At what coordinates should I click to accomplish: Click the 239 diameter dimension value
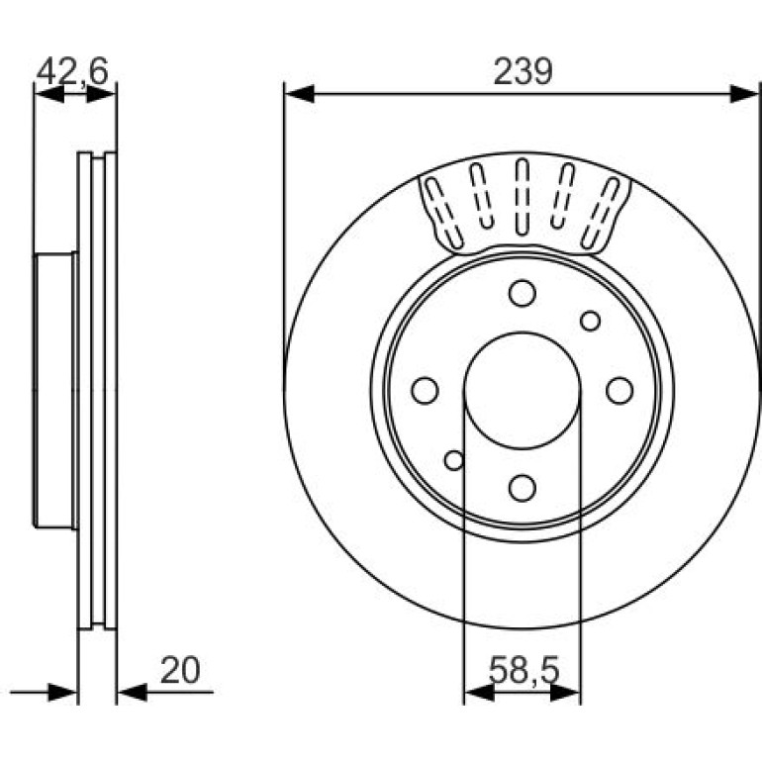[x=523, y=71]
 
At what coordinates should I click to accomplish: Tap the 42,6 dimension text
[x=72, y=71]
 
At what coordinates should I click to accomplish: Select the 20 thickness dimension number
[x=180, y=670]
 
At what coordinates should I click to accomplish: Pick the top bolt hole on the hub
[x=523, y=293]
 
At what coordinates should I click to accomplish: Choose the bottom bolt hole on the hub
[x=523, y=488]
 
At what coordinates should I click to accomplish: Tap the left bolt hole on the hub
[x=425, y=390]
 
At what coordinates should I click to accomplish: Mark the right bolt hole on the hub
[x=619, y=390]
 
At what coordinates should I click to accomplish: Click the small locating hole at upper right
[x=591, y=322]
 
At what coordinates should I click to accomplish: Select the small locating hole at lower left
[x=454, y=460]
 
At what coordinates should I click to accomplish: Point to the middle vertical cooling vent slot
[x=523, y=197]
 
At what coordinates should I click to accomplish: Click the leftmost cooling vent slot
[x=443, y=214]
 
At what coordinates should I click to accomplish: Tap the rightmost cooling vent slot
[x=601, y=214]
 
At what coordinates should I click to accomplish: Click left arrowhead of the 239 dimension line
[x=299, y=93]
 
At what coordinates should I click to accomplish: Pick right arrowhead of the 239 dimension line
[x=744, y=93]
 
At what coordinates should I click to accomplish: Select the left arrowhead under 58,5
[x=479, y=692]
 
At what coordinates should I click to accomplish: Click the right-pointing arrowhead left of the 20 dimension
[x=62, y=692]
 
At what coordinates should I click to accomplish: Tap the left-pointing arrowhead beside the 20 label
[x=133, y=692]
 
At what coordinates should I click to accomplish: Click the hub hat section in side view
[x=54, y=390]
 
